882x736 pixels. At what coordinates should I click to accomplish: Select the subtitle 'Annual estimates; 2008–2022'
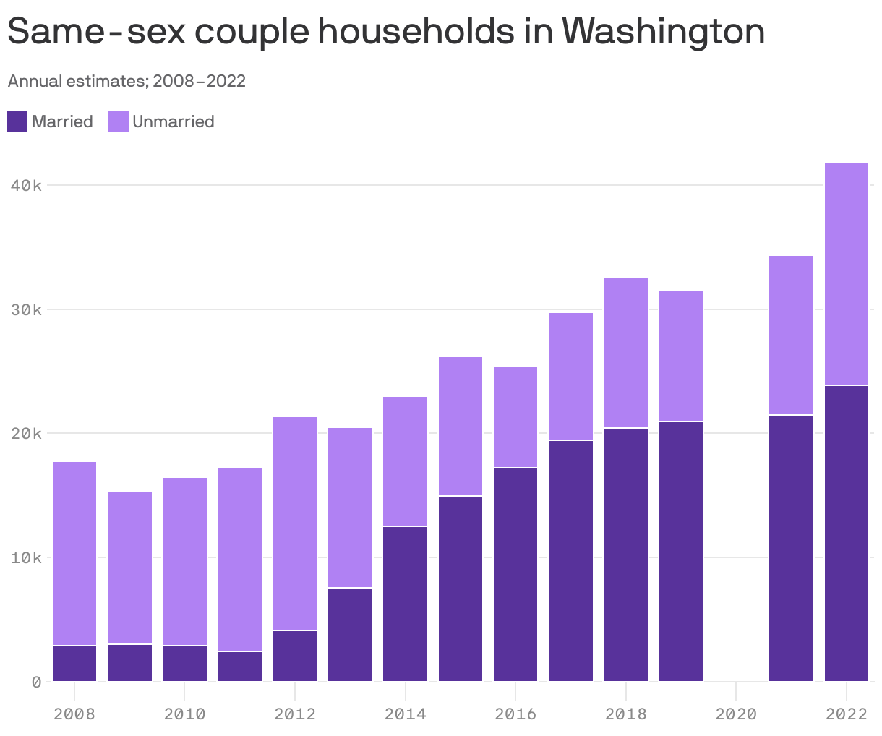(127, 81)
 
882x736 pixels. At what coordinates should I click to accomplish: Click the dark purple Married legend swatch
(17, 121)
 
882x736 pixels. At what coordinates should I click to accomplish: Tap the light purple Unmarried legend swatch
(119, 121)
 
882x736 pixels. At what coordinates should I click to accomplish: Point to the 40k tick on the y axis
(26, 186)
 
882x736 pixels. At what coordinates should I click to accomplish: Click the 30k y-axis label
(26, 310)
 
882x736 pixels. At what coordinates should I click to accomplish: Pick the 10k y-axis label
(26, 558)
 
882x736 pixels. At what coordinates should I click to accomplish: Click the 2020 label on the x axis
(736, 714)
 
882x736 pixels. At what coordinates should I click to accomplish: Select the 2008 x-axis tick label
(74, 714)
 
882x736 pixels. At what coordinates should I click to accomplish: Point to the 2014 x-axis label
(405, 714)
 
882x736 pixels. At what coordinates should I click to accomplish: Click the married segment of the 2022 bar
(846, 534)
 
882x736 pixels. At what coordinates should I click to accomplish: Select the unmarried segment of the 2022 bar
(846, 274)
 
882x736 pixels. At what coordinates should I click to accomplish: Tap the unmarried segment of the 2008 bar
(74, 553)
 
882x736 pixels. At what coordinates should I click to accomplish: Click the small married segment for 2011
(239, 667)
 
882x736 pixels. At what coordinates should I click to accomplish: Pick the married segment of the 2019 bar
(681, 551)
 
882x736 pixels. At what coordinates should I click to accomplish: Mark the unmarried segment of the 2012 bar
(295, 523)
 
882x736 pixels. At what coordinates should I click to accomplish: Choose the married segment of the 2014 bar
(405, 604)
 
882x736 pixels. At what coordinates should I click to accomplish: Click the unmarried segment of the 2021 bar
(791, 335)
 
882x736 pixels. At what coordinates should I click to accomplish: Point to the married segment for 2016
(515, 575)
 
